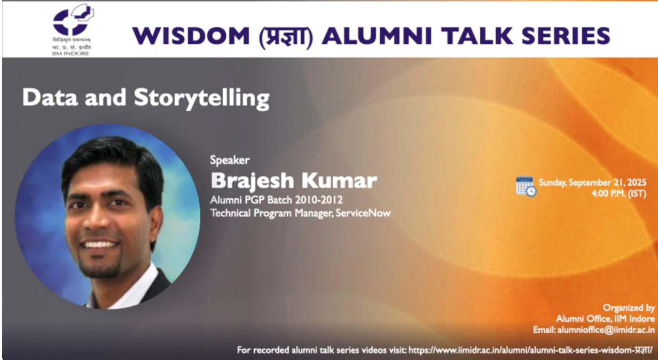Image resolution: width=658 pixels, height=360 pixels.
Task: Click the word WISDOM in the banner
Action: (191, 36)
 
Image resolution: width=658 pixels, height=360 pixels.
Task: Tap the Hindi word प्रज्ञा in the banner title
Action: (286, 36)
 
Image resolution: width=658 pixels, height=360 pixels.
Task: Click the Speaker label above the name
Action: (230, 160)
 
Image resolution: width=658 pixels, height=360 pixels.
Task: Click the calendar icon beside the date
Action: (526, 186)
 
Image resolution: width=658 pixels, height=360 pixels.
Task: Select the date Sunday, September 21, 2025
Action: (592, 182)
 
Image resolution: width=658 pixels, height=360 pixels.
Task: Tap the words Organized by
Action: (629, 308)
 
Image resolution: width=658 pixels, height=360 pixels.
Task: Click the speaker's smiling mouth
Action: (100, 244)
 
